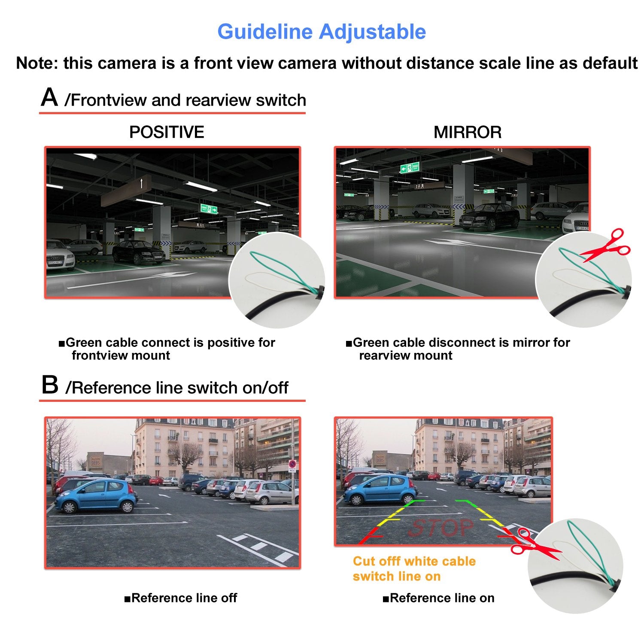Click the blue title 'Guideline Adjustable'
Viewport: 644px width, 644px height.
point(322,32)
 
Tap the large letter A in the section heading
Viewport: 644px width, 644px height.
point(49,97)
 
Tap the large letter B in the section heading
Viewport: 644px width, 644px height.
point(50,385)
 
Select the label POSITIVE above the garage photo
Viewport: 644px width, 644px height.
point(167,132)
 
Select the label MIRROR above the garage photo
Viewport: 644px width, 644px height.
point(468,132)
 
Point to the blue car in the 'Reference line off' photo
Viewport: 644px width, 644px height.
point(96,496)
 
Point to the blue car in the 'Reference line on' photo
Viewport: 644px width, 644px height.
point(380,489)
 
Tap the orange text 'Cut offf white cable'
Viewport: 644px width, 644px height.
point(414,562)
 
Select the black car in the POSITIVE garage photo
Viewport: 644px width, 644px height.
point(137,252)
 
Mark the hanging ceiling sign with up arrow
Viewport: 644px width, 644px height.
point(126,189)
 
